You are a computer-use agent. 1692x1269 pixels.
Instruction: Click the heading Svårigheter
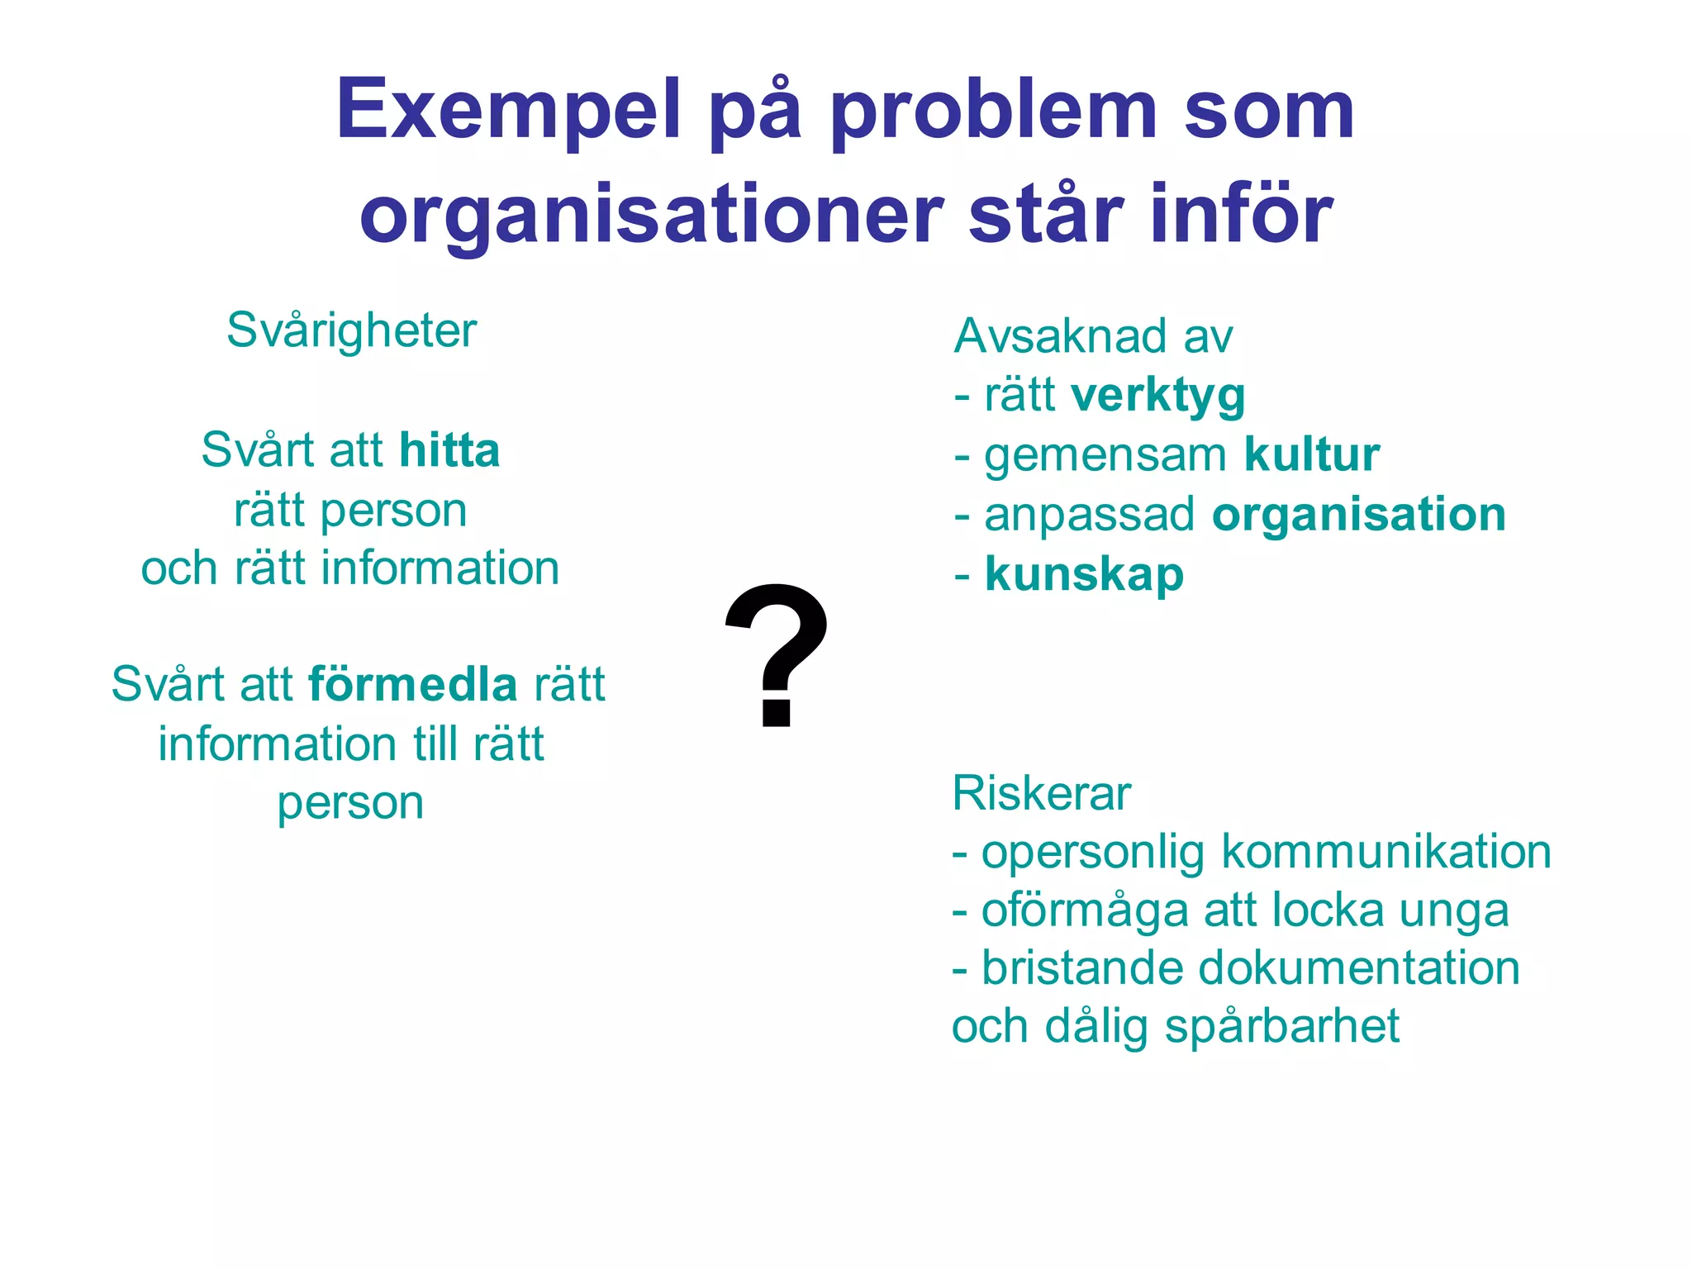pyautogui.click(x=351, y=330)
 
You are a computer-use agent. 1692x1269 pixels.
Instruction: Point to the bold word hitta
pyautogui.click(x=449, y=451)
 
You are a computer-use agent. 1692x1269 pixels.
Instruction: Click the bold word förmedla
pyautogui.click(x=412, y=685)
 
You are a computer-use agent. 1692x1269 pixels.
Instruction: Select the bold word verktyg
pyautogui.click(x=1158, y=396)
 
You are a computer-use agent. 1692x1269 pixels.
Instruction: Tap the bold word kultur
pyautogui.click(x=1312, y=455)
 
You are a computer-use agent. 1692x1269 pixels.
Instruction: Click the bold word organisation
pyautogui.click(x=1359, y=514)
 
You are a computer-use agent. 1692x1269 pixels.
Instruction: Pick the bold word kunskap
pyautogui.click(x=1084, y=574)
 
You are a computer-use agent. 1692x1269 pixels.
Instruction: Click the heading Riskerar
pyautogui.click(x=1041, y=794)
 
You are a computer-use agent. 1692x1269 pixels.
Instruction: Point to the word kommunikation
pyautogui.click(x=1386, y=852)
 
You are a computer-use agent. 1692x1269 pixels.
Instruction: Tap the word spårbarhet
pyautogui.click(x=1281, y=1027)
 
